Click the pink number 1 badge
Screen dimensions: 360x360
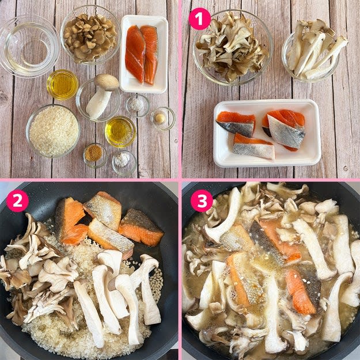click(x=199, y=19)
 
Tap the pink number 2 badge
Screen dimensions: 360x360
click(x=17, y=200)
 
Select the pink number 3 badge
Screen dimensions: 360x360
click(x=202, y=200)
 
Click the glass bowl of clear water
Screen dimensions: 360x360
click(x=29, y=47)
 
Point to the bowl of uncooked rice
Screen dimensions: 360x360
click(x=53, y=131)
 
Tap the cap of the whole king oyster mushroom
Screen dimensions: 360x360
click(x=107, y=82)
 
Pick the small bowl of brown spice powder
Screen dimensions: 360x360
click(x=95, y=156)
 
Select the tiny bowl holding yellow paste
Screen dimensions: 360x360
click(x=162, y=119)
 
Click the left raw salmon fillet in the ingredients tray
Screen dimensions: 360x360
click(x=135, y=54)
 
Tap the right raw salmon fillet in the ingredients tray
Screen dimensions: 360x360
click(x=149, y=54)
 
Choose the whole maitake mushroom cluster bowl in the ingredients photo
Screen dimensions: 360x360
click(x=90, y=35)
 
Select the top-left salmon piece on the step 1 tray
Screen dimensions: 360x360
click(x=236, y=124)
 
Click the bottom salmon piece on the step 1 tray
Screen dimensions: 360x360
click(x=253, y=147)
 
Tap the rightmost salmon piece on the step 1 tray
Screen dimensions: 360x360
click(x=285, y=130)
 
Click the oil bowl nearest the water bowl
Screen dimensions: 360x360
click(x=62, y=85)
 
